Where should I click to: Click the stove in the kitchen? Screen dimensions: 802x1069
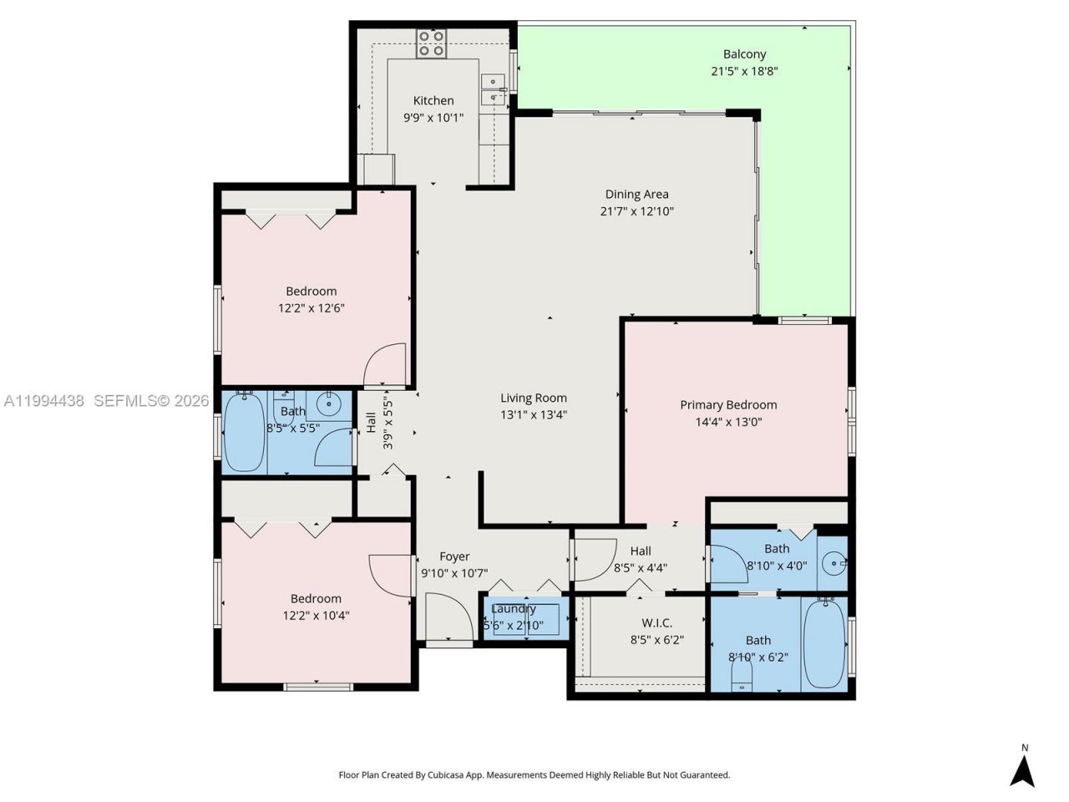(432, 43)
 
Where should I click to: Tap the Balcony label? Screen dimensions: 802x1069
(744, 54)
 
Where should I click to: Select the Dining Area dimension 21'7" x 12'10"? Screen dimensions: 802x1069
(636, 211)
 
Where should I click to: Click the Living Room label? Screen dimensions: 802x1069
(533, 398)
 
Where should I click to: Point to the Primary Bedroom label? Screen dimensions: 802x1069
(728, 405)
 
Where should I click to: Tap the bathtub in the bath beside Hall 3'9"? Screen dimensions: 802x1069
(244, 433)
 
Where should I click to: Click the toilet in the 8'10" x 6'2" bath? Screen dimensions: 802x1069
(741, 673)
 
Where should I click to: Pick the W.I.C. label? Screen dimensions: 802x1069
(656, 623)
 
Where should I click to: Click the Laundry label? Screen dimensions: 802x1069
(513, 609)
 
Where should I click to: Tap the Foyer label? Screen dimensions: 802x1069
(454, 556)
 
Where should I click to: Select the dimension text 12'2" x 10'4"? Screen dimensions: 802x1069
(316, 616)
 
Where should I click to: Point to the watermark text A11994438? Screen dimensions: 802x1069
(44, 401)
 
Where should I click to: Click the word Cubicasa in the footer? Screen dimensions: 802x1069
(448, 775)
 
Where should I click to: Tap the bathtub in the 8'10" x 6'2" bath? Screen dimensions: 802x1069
(824, 642)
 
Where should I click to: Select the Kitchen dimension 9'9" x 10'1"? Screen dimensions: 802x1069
(433, 118)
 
